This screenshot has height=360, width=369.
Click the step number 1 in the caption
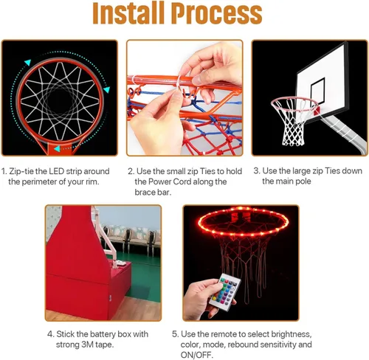click(4, 170)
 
